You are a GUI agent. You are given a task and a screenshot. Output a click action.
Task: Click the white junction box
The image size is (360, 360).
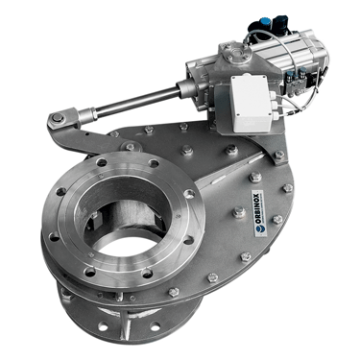(252, 103)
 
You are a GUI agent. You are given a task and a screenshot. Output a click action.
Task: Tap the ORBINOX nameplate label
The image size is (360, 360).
(258, 213)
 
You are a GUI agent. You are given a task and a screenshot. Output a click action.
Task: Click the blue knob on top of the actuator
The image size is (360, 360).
(263, 22)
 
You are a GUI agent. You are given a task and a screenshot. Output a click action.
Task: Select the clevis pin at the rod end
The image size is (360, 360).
(58, 118)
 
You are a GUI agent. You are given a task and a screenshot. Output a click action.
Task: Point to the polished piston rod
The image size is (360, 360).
(136, 101)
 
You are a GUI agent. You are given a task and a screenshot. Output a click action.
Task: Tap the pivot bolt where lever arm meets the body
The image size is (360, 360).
(131, 147)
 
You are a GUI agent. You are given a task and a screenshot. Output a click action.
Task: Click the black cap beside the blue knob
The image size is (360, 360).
(280, 23)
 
